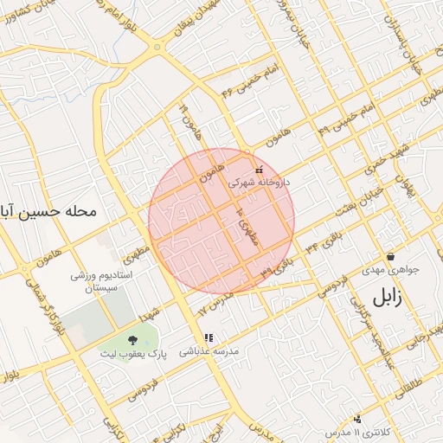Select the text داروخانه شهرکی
coord(259,183)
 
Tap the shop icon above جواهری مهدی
coord(391,256)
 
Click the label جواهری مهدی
coord(390,269)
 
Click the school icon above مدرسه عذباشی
coord(208,337)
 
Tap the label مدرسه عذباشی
coord(208,351)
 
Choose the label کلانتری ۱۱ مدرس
coord(350,430)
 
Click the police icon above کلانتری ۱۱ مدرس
coord(357,418)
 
